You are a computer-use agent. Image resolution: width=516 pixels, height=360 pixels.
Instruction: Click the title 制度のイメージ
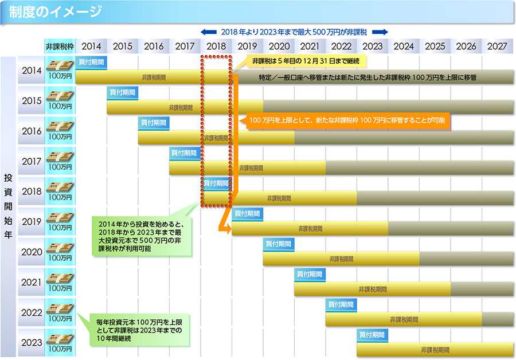pos(56,11)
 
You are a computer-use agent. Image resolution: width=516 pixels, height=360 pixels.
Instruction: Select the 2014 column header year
pos(91,46)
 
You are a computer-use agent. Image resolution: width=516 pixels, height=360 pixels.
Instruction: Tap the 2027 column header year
pos(497,46)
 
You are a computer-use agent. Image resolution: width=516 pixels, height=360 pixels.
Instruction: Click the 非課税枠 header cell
pos(60,46)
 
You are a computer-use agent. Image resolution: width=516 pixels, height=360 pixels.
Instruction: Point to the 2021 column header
pos(310,46)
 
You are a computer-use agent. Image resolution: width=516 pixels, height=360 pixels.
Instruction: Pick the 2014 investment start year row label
pos(32,71)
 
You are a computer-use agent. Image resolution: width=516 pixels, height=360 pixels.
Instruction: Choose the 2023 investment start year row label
pos(32,343)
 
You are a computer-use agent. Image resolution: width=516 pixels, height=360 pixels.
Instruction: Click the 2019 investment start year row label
pos(32,222)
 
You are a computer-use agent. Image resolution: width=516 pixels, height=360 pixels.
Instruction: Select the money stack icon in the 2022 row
pos(60,308)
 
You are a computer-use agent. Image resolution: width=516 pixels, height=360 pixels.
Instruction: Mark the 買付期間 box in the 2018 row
pos(216,183)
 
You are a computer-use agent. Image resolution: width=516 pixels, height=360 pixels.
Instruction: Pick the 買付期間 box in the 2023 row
pos(372,334)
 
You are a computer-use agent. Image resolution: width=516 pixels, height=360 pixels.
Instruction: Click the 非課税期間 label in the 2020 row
pos(341,259)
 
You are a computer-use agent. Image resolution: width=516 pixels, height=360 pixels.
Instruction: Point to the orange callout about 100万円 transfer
pos(347,121)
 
